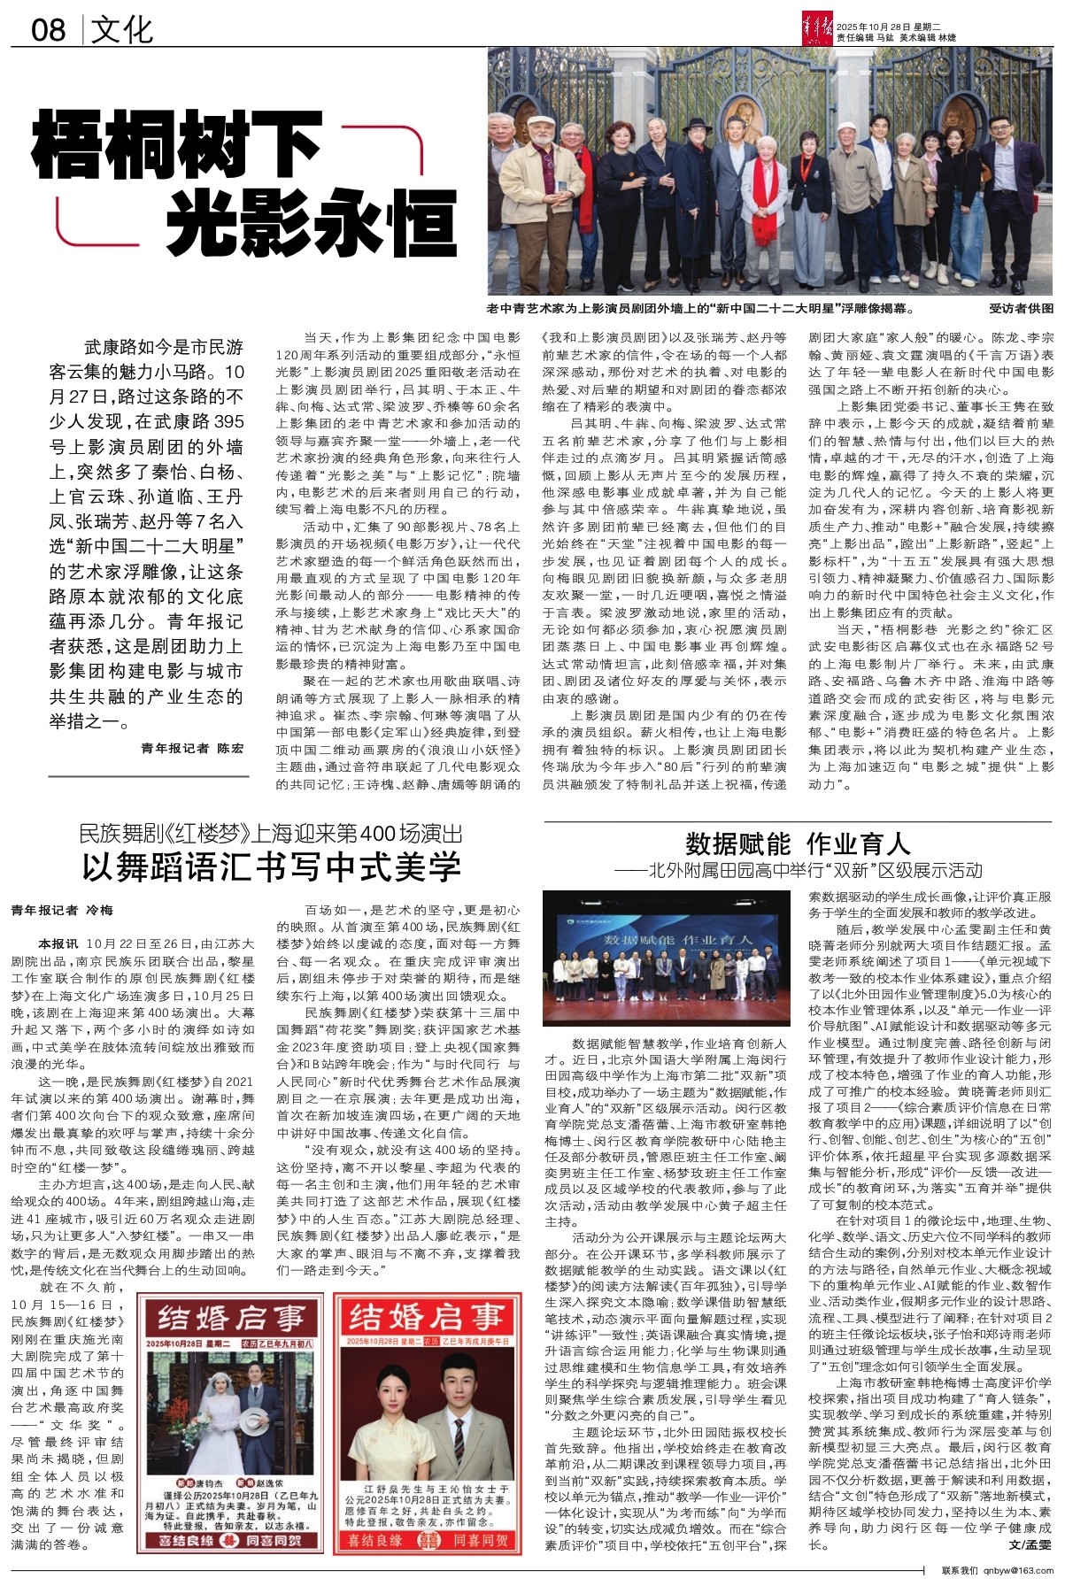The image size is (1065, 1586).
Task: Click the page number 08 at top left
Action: [x=49, y=30]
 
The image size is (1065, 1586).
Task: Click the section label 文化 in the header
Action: [x=122, y=30]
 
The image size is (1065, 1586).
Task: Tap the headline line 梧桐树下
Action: [x=177, y=146]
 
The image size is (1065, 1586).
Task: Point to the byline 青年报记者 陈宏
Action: [x=192, y=748]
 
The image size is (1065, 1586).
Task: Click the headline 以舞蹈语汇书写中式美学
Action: [x=272, y=867]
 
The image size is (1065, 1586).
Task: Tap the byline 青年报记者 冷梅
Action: [x=62, y=911]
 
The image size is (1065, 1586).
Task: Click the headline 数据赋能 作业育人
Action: [x=798, y=842]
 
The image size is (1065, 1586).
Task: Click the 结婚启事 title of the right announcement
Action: [x=428, y=1319]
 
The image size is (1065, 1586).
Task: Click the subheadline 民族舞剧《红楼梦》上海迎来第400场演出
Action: [x=271, y=834]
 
